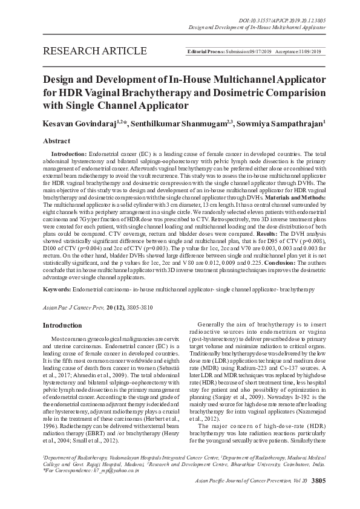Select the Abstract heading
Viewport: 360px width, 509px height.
(57, 140)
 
